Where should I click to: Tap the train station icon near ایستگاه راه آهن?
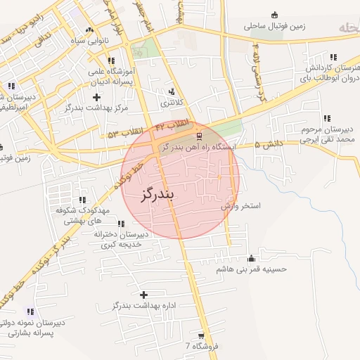[199, 136]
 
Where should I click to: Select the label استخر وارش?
[240, 207]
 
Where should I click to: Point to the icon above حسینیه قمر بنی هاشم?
[252, 257]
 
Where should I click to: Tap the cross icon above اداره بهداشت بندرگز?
[144, 295]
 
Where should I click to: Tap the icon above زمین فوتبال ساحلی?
[274, 14]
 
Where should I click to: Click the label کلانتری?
[171, 103]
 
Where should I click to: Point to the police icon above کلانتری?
[172, 91]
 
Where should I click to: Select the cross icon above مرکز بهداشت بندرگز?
[96, 96]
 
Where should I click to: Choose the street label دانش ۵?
[266, 145]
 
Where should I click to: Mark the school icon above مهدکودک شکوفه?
[83, 200]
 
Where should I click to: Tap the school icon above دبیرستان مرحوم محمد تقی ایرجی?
[326, 118]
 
